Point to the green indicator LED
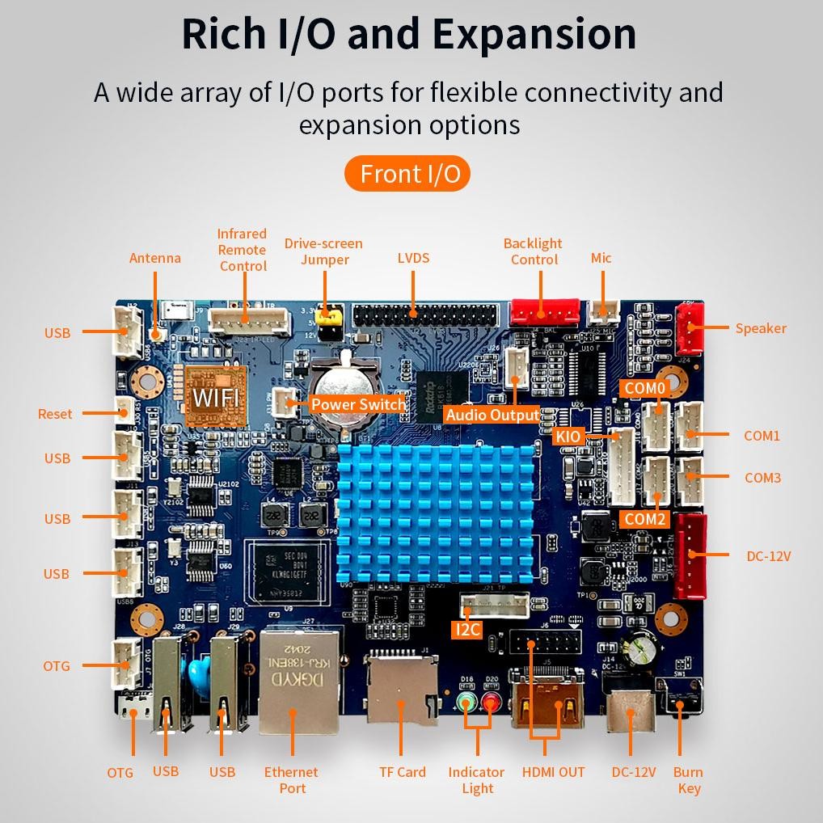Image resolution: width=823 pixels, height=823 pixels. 466,703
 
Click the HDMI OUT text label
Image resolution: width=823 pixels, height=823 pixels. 553,772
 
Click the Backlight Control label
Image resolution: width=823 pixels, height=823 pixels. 533,251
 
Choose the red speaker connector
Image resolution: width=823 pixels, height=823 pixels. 690,328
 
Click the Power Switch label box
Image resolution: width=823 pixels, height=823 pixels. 357,404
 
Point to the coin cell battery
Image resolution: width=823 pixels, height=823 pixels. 344,388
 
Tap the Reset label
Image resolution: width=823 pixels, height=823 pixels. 55,414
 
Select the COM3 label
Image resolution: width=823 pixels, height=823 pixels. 762,478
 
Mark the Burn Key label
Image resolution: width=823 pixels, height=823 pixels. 688,780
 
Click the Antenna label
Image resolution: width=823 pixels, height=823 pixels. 155,258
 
